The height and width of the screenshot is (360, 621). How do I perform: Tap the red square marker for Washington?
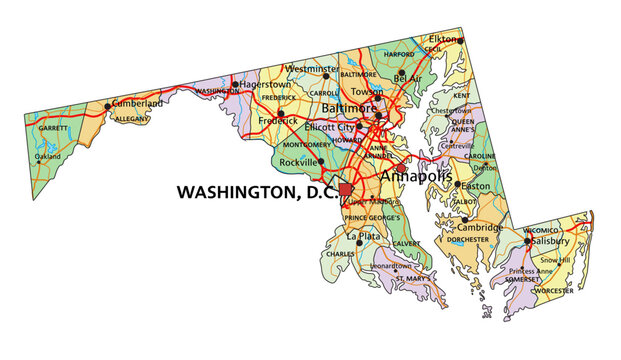347,189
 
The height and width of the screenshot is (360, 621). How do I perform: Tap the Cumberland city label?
136,103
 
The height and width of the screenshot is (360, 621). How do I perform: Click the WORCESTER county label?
553,290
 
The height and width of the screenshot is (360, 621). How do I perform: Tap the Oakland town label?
48,157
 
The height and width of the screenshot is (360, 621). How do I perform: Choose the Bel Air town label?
408,77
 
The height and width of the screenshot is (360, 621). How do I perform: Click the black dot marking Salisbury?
527,241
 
